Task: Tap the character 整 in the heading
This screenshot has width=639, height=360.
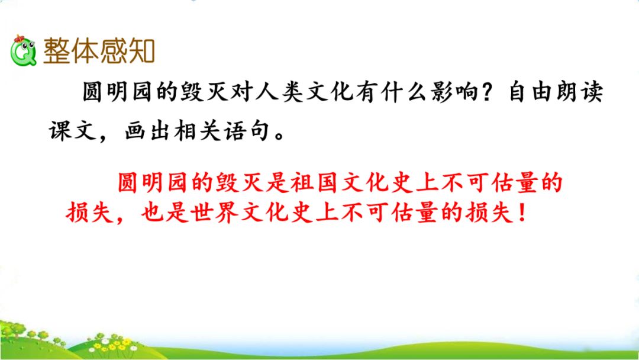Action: coord(57,52)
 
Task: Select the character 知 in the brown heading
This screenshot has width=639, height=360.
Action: coord(141,52)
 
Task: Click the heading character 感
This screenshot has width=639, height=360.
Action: coord(113,52)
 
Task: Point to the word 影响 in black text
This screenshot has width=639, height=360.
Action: coord(453,91)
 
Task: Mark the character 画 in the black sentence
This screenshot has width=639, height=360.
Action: coord(135,131)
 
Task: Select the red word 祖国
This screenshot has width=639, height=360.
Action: coord(315,182)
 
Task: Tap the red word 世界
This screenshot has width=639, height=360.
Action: coord(215,212)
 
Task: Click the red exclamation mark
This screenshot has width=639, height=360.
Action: coord(522,212)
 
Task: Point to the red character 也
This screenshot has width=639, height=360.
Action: coord(153,212)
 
